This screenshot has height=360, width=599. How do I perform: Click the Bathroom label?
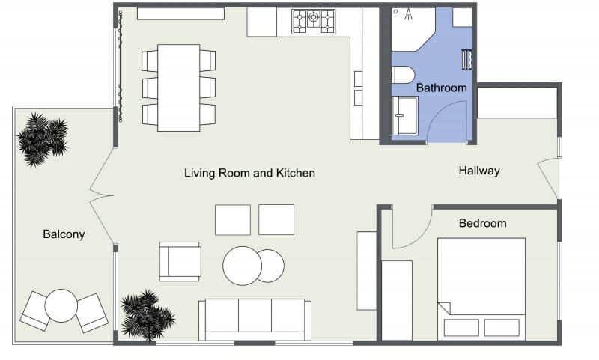[442, 88]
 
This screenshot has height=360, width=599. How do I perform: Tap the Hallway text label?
[479, 171]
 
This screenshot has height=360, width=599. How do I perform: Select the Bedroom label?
[482, 223]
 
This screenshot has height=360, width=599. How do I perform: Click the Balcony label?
[64, 234]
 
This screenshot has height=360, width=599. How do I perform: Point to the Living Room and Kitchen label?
[249, 173]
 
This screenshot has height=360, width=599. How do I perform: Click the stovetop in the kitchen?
[313, 21]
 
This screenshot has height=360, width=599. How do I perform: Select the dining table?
[179, 88]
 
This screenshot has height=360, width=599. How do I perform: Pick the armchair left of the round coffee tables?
[180, 261]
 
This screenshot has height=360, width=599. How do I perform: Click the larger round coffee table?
[242, 266]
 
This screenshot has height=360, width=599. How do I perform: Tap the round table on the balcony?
[61, 305]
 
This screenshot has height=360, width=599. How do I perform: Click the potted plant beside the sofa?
[147, 314]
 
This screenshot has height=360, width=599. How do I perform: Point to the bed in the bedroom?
[481, 288]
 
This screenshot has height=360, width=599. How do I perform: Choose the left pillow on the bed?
[461, 327]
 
